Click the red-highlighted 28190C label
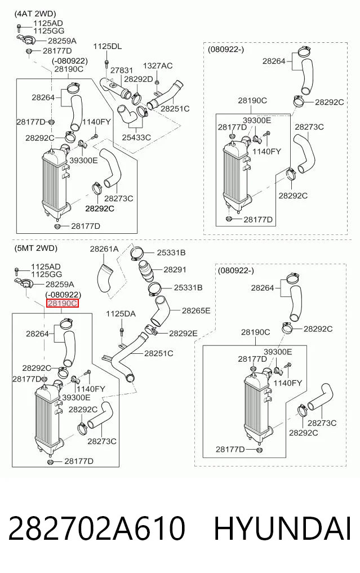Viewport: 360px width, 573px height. tap(63, 303)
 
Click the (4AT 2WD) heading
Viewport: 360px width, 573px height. tap(35, 14)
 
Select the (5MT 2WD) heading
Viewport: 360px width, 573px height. tap(36, 248)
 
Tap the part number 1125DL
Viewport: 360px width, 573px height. tap(108, 46)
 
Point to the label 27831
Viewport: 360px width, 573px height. tap(122, 70)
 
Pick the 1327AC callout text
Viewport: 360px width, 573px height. tap(158, 66)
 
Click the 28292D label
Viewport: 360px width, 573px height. tap(139, 79)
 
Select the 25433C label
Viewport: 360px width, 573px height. tap(136, 137)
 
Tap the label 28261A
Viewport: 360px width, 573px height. tap(104, 249)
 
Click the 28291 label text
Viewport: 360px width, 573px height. tap(175, 270)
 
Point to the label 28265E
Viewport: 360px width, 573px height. tap(196, 310)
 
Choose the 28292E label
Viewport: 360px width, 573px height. tap(183, 334)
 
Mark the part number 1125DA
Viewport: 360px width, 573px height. tap(121, 314)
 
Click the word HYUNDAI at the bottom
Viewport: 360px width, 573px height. tap(282, 529)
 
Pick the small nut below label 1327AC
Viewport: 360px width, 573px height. tap(157, 82)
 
